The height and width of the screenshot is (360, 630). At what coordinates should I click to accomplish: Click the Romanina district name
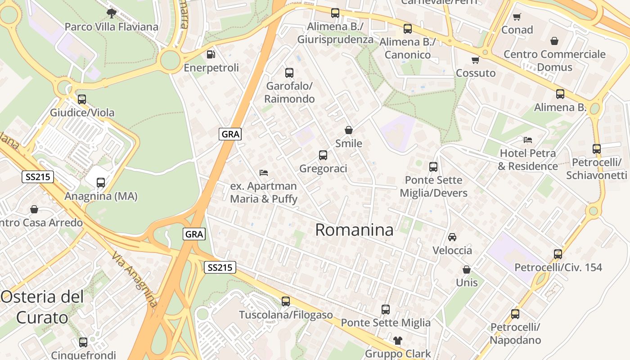354,230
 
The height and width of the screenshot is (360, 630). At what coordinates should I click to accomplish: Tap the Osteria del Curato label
42,307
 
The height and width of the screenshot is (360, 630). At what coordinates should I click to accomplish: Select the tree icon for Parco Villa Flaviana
112,13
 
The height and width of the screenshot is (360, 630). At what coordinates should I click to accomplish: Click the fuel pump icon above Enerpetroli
211,54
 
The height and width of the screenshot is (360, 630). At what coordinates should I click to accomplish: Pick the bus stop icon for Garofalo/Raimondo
289,72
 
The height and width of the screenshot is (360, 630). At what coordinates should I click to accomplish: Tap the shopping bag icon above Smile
349,130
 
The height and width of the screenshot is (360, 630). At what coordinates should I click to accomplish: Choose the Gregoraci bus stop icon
323,155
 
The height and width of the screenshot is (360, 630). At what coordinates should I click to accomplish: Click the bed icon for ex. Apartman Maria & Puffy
264,172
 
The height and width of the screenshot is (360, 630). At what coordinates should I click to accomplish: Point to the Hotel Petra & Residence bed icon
528,139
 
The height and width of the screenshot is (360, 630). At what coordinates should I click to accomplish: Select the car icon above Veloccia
452,237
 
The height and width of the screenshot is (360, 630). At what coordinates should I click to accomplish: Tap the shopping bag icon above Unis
467,270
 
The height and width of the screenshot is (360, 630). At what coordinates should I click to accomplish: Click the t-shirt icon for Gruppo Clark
398,340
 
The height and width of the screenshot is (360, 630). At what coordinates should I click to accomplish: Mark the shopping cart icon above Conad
517,17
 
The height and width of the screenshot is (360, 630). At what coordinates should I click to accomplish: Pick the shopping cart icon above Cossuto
476,60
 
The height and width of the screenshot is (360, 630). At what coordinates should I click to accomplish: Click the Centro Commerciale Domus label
554,61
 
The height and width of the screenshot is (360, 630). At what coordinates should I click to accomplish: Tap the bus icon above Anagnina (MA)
101,183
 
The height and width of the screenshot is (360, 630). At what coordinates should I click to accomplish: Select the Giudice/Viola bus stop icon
82,99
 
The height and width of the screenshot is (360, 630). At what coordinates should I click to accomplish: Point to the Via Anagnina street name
135,279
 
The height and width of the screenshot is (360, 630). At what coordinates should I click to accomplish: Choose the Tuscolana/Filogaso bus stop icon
286,301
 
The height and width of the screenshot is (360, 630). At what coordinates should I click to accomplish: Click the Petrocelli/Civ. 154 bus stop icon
558,254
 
